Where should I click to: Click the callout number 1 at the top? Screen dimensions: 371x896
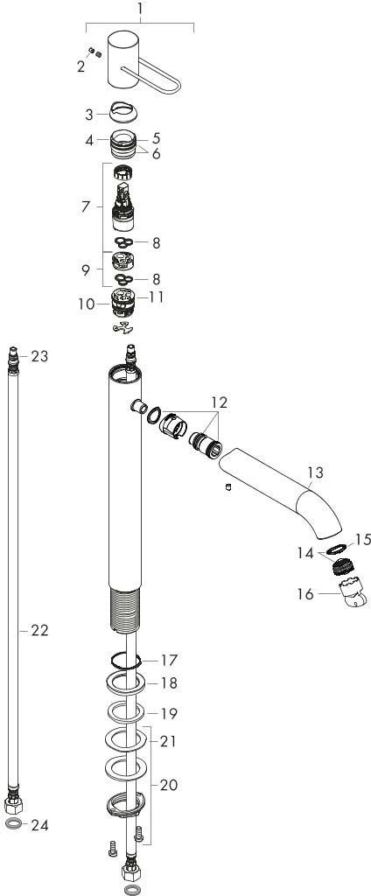(x=140, y=10)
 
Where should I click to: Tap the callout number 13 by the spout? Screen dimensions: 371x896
(x=315, y=472)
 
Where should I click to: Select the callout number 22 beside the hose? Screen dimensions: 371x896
(x=39, y=630)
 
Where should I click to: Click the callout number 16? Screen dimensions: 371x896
(x=306, y=594)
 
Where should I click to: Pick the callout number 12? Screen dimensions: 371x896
(x=219, y=402)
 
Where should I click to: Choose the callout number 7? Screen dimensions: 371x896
(x=86, y=206)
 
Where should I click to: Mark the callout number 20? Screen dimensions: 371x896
(x=169, y=785)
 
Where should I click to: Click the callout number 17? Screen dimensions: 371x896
(x=169, y=660)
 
